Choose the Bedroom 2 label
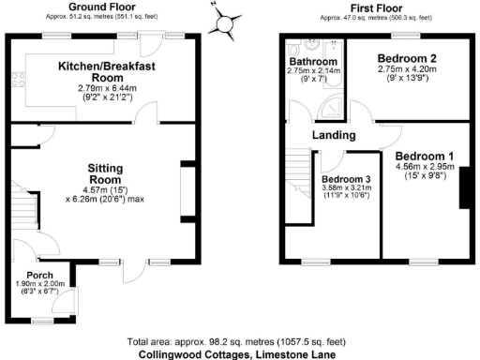(x=406, y=58)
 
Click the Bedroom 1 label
(x=425, y=156)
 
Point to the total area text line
(x=239, y=343)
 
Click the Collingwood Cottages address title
(x=239, y=354)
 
